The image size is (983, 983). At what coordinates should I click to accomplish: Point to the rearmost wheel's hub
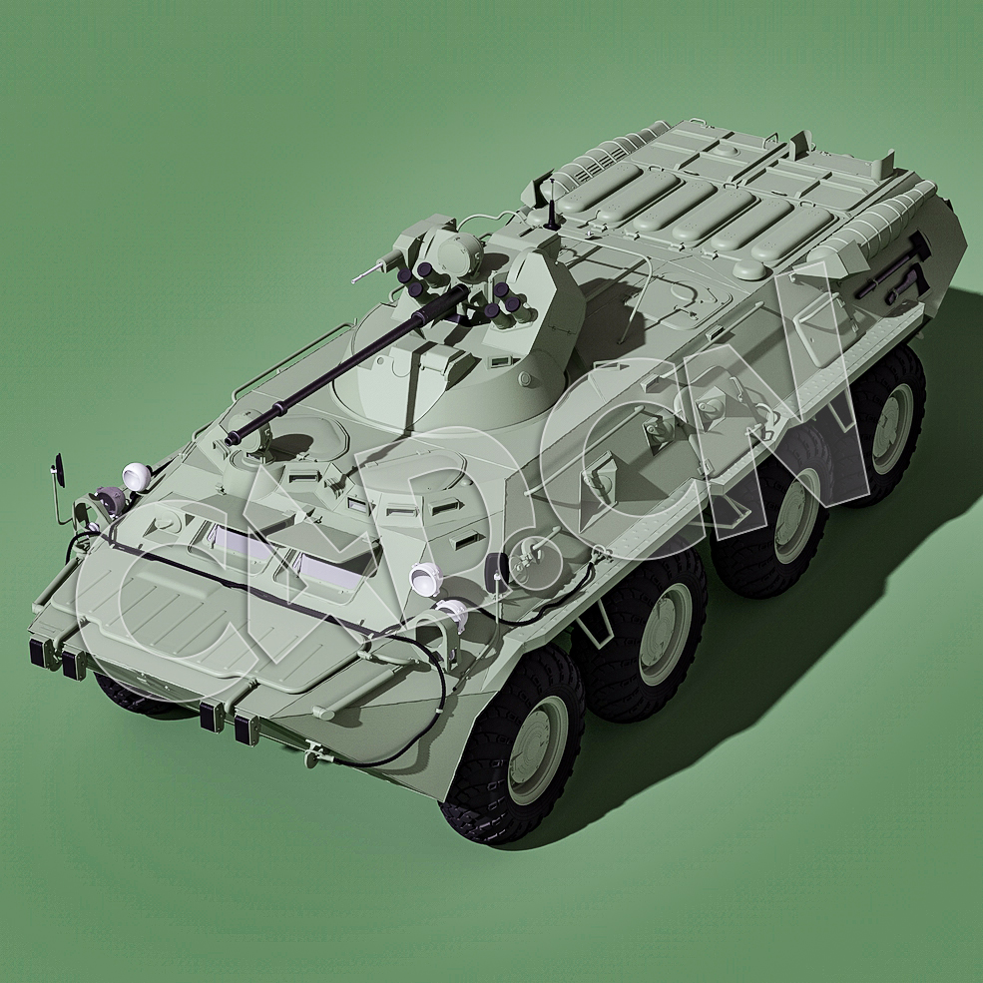tap(890, 427)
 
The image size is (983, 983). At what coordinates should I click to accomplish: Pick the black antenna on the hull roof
tap(547, 201)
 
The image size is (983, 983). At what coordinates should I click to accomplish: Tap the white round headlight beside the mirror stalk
tap(134, 473)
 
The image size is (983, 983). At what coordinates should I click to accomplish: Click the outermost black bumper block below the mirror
tap(41, 653)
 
